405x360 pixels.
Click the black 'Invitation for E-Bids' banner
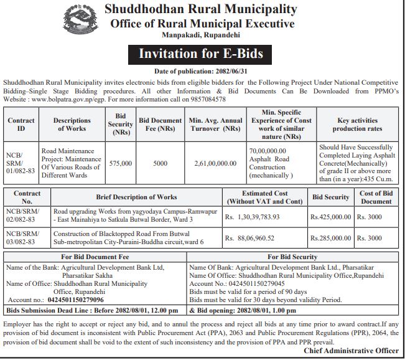[x=200, y=54]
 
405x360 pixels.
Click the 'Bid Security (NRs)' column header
[x=120, y=125]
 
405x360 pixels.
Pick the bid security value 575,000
[x=120, y=163]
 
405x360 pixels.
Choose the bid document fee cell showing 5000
[x=161, y=163]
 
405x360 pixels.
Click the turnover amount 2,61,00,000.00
[x=215, y=163]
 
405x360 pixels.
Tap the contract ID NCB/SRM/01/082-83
[x=20, y=163]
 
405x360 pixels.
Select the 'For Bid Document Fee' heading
[x=94, y=257]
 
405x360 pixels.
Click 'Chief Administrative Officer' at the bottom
[x=352, y=351]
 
